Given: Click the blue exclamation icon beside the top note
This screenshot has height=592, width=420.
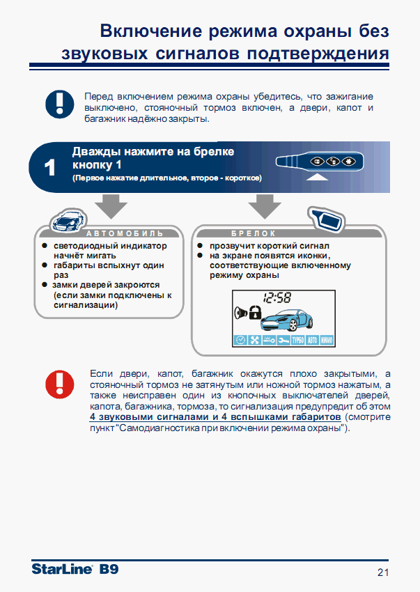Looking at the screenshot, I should point(59,104).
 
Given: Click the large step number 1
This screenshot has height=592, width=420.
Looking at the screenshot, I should point(50,168).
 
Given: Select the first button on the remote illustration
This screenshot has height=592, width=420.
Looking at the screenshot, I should point(317,162).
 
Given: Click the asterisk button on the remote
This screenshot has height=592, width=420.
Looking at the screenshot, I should point(348,162).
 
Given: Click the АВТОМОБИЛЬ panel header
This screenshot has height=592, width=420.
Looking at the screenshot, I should point(125,233).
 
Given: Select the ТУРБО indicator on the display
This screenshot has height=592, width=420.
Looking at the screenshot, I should point(297,341).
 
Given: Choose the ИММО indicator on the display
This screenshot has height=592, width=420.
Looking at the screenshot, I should point(327,341).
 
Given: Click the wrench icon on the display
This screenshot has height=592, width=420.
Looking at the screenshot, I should point(283,341).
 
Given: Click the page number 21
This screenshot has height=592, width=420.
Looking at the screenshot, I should point(382,572).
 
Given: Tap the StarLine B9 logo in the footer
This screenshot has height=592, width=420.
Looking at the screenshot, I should point(75,569).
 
